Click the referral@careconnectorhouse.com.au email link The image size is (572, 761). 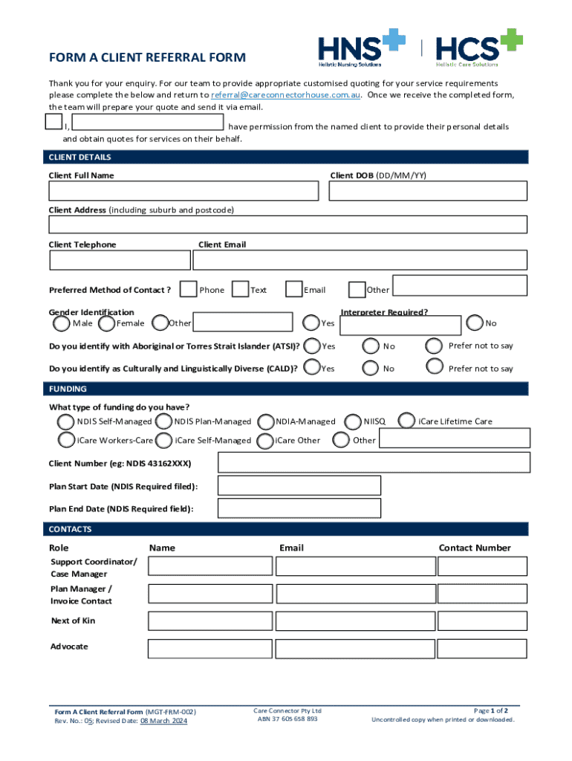(x=287, y=96)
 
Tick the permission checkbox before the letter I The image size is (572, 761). (x=53, y=122)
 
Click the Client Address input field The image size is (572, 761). (x=287, y=224)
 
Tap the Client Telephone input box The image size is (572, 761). (x=120, y=260)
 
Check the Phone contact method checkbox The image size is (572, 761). (x=189, y=289)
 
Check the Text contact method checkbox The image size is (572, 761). (x=240, y=289)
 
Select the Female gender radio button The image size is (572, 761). (x=106, y=323)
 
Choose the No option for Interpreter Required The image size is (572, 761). (x=475, y=323)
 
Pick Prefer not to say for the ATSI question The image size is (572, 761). (x=435, y=346)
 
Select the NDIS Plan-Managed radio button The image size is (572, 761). (x=164, y=421)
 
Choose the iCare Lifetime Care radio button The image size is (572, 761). (x=406, y=421)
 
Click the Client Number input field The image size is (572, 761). (x=374, y=462)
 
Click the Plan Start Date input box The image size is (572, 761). (x=299, y=486)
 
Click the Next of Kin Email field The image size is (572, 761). (x=354, y=621)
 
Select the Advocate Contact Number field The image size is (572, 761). (x=482, y=647)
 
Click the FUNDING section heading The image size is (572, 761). (x=68, y=389)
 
